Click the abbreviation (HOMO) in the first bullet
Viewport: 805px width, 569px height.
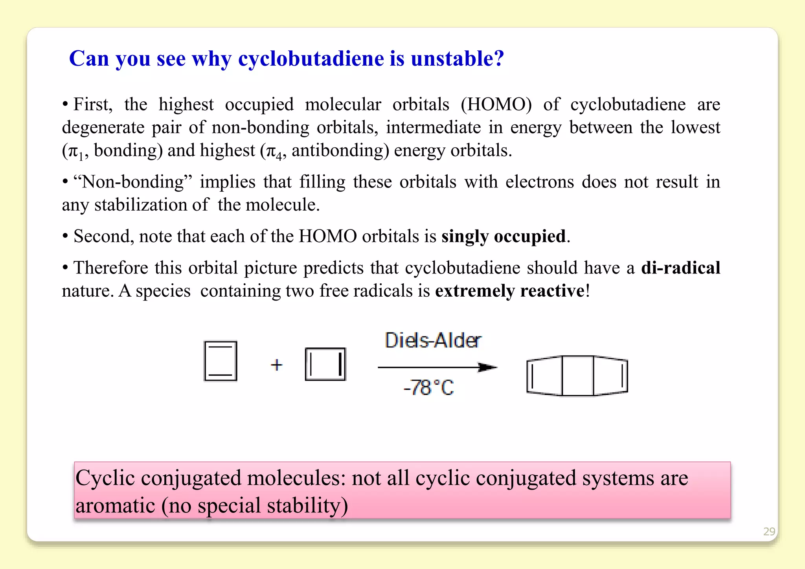[496, 105]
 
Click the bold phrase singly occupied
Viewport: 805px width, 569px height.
[503, 236]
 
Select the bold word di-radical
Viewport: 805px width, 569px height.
[680, 268]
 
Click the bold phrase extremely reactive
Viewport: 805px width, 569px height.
[509, 291]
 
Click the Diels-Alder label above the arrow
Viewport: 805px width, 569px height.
[433, 340]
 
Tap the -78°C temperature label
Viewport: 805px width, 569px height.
[428, 387]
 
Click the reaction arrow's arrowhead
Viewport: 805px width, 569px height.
[487, 367]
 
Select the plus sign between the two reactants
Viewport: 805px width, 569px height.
[277, 365]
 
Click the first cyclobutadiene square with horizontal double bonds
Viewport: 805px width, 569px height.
[221, 361]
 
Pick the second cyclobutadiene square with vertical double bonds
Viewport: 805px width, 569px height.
[325, 364]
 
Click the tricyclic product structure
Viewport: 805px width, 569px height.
[577, 376]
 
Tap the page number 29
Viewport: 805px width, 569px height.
[769, 532]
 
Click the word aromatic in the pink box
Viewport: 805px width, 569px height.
[115, 505]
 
